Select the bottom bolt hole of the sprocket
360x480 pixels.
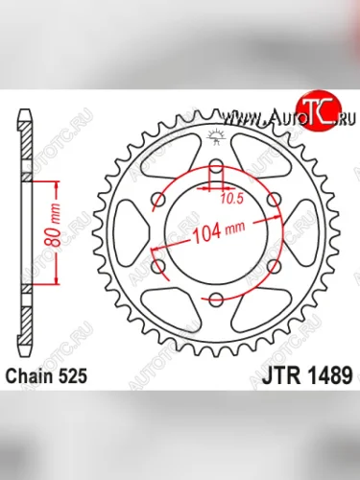[217, 300]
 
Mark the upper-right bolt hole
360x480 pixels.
[273, 202]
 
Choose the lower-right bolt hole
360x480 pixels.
[273, 266]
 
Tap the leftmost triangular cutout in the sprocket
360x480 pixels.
[132, 234]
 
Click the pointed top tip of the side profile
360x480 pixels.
[23, 114]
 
